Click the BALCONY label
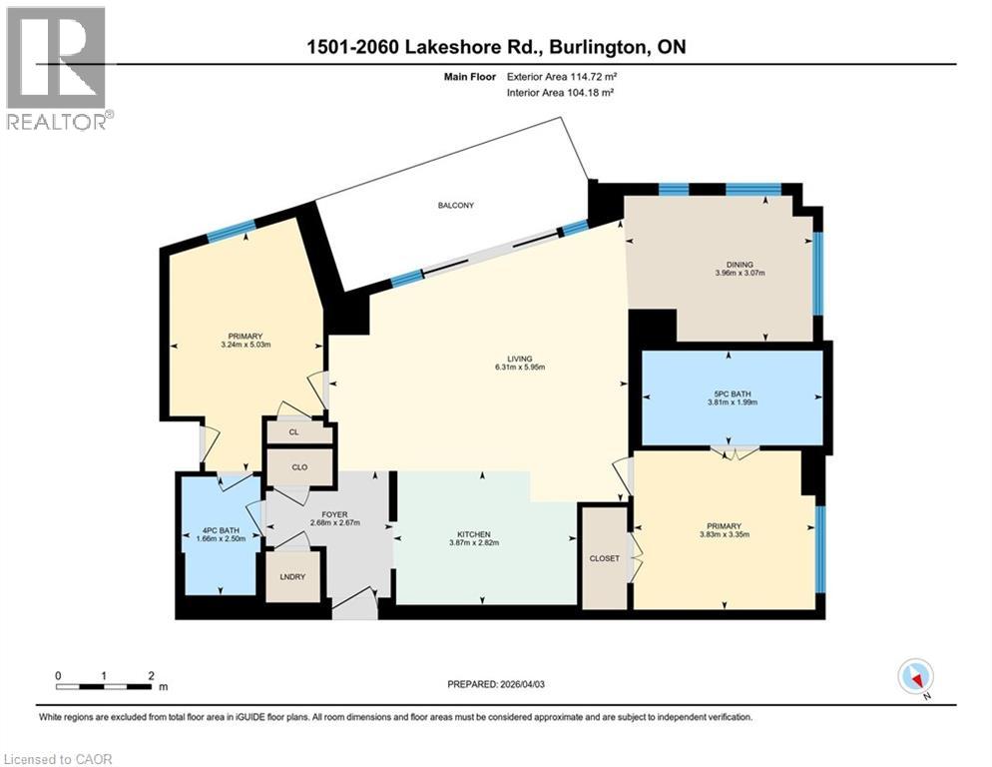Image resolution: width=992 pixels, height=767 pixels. click(455, 206)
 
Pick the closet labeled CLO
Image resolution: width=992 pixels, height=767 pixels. click(297, 466)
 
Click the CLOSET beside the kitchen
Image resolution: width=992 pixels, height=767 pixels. click(604, 558)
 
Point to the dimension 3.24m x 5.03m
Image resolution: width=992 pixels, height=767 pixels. click(246, 346)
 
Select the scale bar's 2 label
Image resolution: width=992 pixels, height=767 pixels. click(151, 675)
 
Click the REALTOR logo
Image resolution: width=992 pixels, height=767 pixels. click(58, 69)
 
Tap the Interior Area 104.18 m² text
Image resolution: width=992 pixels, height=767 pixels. click(560, 92)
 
